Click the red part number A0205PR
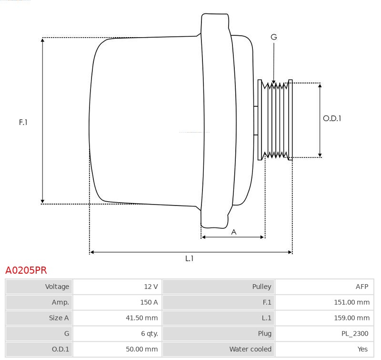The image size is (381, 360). [x=26, y=270]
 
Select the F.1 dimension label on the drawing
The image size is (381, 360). [x=23, y=122]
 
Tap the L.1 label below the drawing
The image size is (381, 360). [x=189, y=258]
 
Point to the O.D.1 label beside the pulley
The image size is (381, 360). [x=332, y=118]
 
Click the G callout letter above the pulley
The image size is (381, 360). [x=274, y=37]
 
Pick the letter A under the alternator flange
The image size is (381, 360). [x=234, y=232]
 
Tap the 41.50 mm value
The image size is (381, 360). [x=141, y=318]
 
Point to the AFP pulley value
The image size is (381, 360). [x=362, y=287]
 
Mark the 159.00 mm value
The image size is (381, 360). [x=351, y=318]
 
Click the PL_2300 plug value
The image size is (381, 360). [x=355, y=333]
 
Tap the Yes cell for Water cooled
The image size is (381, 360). [x=362, y=349]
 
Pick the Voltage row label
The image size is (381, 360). [x=57, y=287]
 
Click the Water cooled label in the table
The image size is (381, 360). [x=251, y=349]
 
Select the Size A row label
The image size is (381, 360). [x=59, y=318]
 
